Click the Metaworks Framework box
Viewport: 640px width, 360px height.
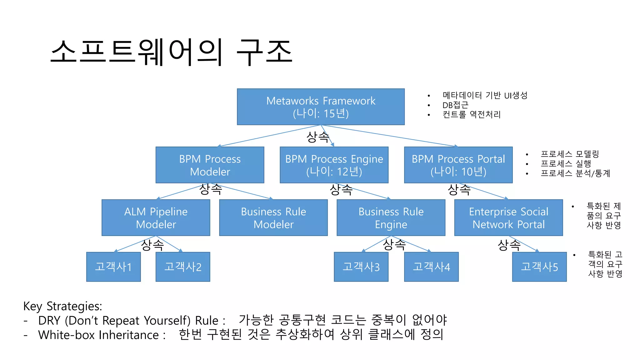pyautogui.click(x=321, y=107)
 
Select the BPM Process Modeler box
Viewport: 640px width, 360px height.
pyautogui.click(x=210, y=165)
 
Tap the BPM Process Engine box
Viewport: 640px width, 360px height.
pyautogui.click(x=334, y=165)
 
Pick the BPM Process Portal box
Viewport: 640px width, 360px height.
pyautogui.click(x=458, y=165)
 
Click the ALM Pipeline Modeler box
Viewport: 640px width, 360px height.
pyautogui.click(x=156, y=218)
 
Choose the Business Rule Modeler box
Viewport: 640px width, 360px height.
pyautogui.click(x=273, y=218)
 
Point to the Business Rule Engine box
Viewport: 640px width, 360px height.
pyautogui.click(x=391, y=218)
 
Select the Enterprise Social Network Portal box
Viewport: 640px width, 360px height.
pyautogui.click(x=508, y=218)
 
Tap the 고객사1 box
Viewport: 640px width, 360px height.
pyautogui.click(x=113, y=267)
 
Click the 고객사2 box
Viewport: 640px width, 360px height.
pyautogui.click(x=183, y=267)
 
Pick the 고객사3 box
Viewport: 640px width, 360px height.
pyautogui.click(x=361, y=267)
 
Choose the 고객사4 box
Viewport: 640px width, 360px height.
pyautogui.click(x=431, y=267)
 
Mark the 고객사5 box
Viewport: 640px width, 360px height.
pyautogui.click(x=539, y=267)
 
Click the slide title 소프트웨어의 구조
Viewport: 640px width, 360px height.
pyautogui.click(x=171, y=52)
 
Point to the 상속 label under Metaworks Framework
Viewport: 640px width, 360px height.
pyautogui.click(x=317, y=137)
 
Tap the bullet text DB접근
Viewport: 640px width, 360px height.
pyautogui.click(x=455, y=105)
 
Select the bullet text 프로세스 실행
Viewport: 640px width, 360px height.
pyautogui.click(x=566, y=163)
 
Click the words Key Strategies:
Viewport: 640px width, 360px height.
pyautogui.click(x=62, y=306)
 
